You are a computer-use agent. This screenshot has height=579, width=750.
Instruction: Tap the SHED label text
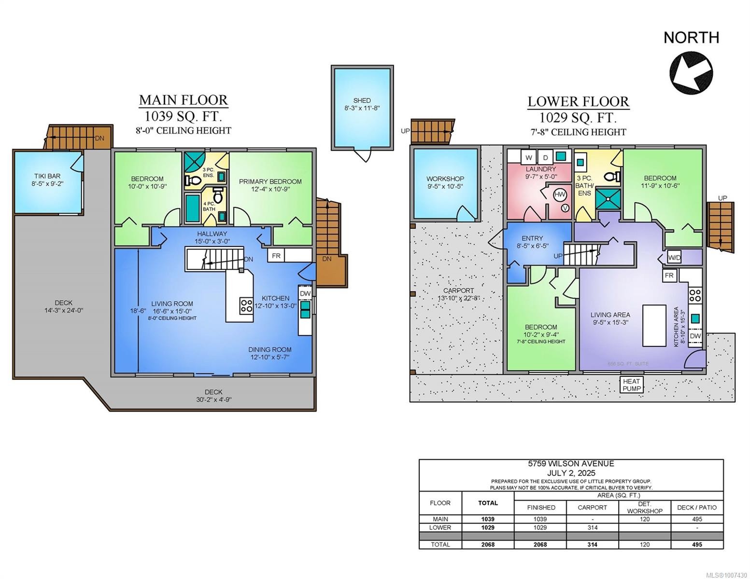point(362,100)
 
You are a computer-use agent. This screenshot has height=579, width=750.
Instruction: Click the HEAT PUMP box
point(632,385)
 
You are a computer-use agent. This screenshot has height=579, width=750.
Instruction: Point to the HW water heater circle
point(560,195)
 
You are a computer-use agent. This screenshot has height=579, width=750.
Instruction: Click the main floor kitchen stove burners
point(246,305)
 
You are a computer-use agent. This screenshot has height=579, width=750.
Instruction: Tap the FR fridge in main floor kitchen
point(276,256)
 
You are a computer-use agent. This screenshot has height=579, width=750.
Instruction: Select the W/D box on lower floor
point(674,258)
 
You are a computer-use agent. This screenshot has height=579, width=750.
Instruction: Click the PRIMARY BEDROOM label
point(270,181)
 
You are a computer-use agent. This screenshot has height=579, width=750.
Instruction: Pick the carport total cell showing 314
point(592,544)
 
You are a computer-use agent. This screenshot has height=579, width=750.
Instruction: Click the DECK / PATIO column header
point(696,507)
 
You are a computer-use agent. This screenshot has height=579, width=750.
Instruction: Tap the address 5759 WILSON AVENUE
point(571,464)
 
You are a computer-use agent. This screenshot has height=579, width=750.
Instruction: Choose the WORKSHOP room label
point(445,179)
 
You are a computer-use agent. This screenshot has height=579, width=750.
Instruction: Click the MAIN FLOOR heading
point(183,100)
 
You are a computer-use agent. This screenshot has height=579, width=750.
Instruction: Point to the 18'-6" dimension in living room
point(138,311)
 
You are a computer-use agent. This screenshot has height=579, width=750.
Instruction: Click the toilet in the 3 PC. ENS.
point(194,180)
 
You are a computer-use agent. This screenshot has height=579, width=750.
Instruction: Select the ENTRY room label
point(532,238)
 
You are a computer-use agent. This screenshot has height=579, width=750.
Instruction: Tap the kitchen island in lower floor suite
point(654,325)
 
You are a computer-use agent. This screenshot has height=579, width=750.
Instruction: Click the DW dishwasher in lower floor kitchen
point(695,336)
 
